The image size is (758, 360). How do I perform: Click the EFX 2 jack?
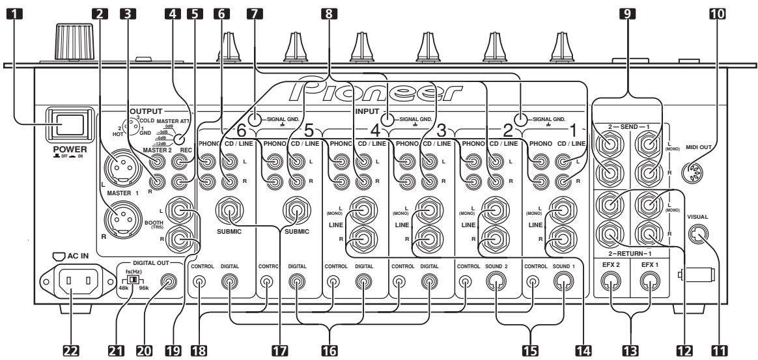613,282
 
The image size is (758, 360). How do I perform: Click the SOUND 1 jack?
563,283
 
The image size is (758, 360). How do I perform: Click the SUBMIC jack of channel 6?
231,212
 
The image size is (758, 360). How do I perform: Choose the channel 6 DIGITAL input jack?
231,283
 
